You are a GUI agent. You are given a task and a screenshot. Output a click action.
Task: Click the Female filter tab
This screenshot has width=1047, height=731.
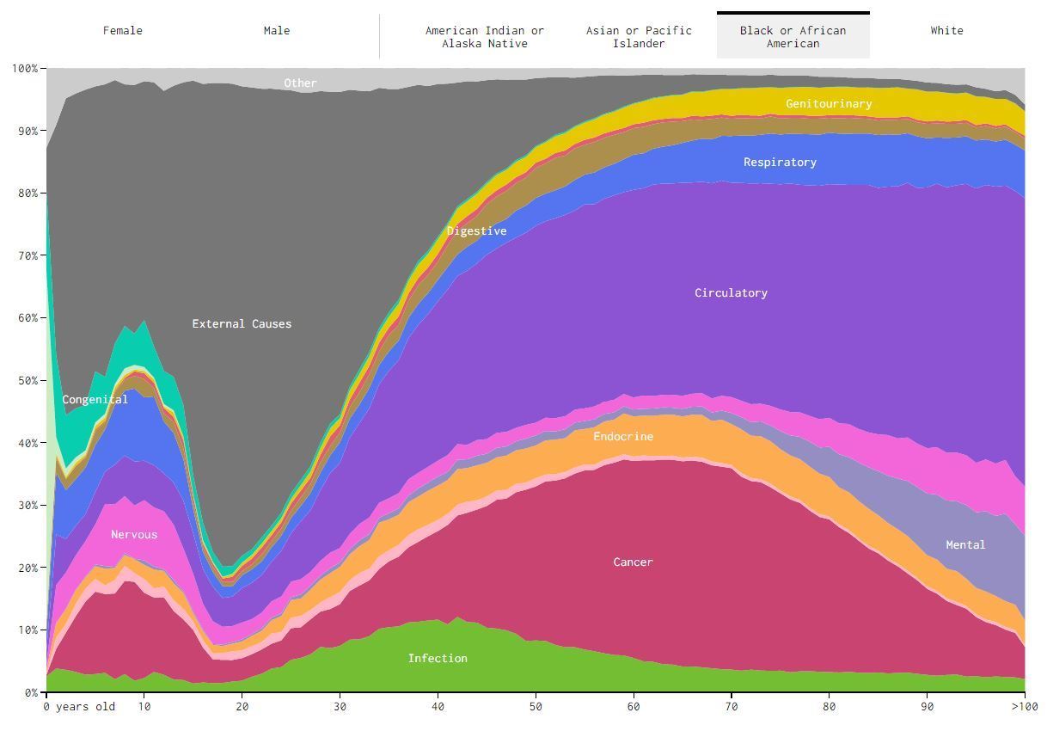(x=123, y=31)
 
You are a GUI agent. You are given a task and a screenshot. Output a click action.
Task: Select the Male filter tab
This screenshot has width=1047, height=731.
(x=277, y=31)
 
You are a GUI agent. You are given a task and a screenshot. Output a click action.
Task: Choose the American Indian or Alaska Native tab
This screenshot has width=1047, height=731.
(x=485, y=36)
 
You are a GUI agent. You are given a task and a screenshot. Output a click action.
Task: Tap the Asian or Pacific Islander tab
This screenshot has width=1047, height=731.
(x=639, y=36)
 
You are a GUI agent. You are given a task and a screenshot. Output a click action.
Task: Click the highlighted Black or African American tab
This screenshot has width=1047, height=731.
(x=793, y=36)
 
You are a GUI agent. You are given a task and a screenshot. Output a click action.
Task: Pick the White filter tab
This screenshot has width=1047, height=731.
(x=946, y=31)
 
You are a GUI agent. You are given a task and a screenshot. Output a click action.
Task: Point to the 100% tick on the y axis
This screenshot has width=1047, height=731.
(x=25, y=68)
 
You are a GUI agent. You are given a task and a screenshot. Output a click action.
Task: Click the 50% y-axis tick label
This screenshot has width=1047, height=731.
(x=25, y=380)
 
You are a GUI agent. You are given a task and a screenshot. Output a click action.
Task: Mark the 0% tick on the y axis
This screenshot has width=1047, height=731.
(x=28, y=692)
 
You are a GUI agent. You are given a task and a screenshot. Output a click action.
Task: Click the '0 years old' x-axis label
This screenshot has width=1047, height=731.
(x=79, y=707)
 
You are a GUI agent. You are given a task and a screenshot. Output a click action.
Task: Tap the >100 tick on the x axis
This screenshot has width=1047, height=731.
(x=1024, y=707)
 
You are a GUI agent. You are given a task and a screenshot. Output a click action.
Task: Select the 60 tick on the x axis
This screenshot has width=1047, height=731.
(x=634, y=707)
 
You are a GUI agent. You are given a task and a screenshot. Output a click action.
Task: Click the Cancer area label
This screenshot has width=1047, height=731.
(x=633, y=562)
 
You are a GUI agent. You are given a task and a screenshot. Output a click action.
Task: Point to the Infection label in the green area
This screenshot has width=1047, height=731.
(x=438, y=659)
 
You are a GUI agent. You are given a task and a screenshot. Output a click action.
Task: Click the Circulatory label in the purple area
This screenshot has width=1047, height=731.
(x=731, y=293)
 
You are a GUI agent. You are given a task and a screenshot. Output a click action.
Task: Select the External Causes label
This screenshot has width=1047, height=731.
(x=242, y=324)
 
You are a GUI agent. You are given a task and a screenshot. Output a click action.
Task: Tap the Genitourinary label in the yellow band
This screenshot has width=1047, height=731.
(x=829, y=104)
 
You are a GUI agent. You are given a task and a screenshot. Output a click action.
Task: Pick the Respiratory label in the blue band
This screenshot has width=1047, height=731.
(x=780, y=163)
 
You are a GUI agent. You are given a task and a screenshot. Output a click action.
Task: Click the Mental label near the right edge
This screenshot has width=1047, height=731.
(x=965, y=545)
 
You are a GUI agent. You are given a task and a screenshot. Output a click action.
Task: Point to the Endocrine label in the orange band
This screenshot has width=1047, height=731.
(x=623, y=437)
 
